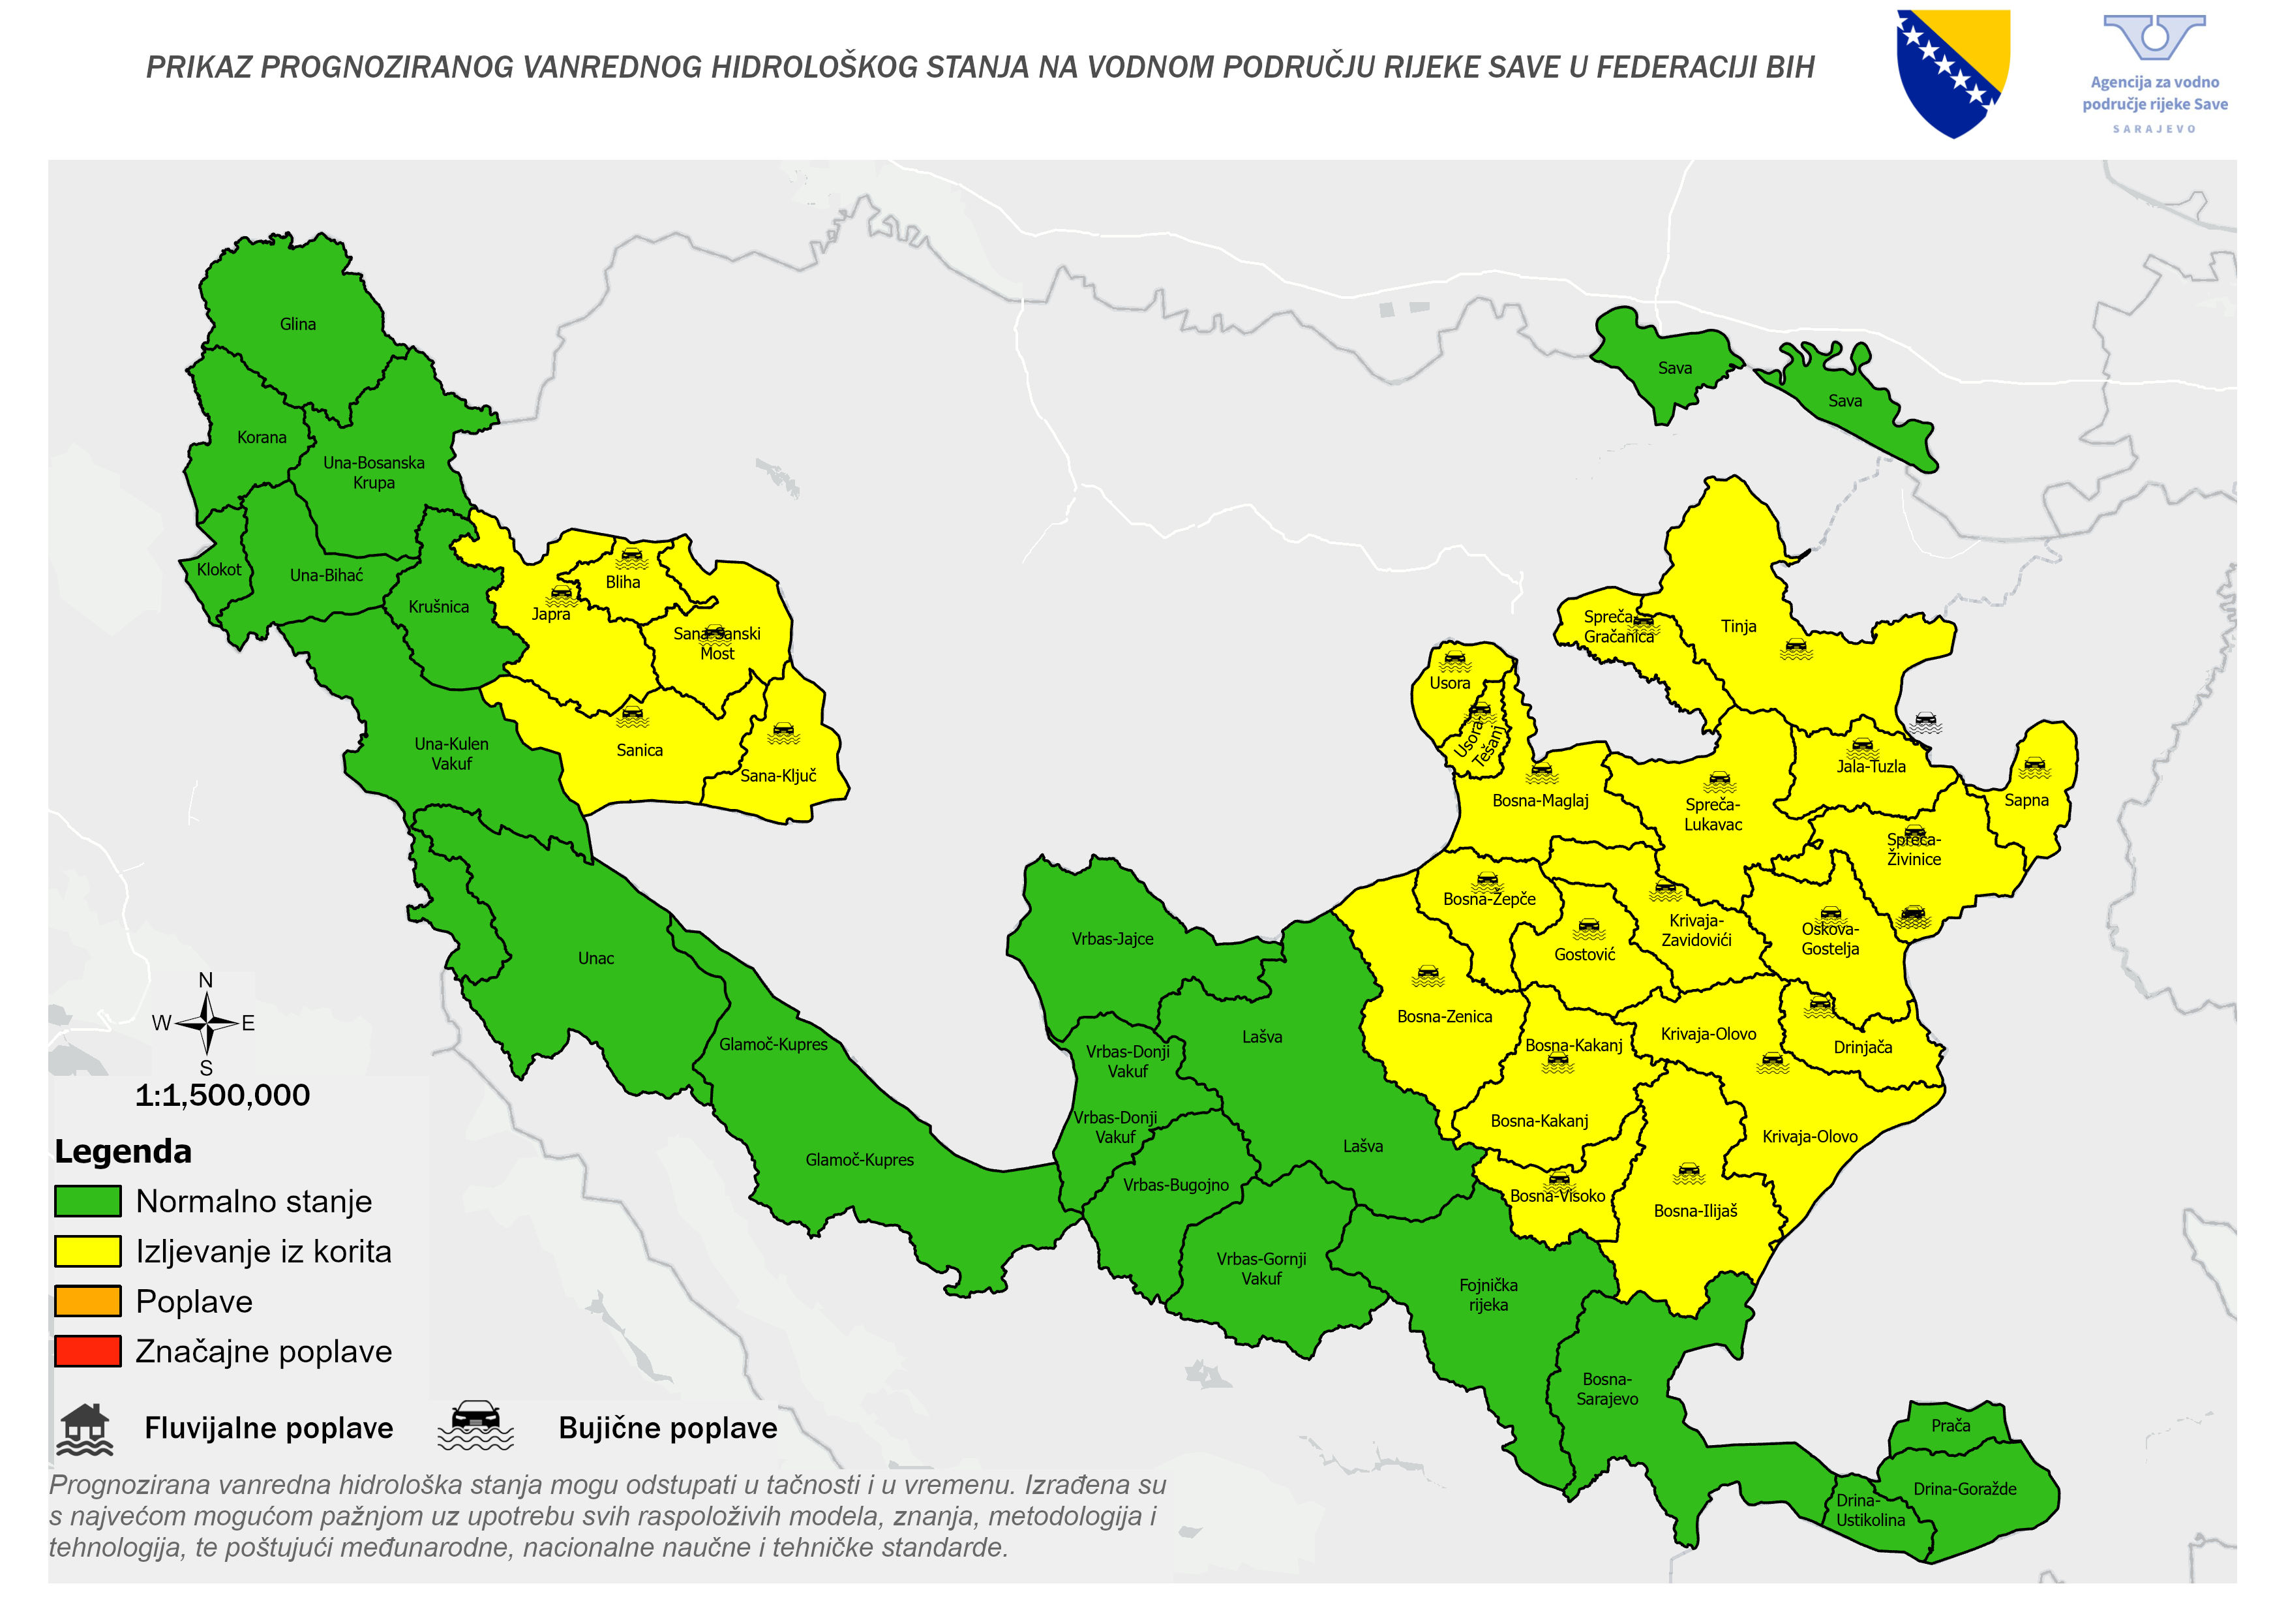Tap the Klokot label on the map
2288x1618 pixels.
(218, 570)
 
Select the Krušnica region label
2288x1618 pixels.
(438, 606)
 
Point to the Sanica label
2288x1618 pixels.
(639, 750)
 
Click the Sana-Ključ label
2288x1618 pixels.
(778, 776)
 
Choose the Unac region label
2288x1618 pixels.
(596, 958)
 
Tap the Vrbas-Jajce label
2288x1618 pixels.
(1112, 938)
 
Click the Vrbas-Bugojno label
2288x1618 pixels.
(1176, 1184)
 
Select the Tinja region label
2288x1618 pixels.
(1738, 626)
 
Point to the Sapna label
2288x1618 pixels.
(2026, 799)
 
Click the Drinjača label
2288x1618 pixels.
(1863, 1046)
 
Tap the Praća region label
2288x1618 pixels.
(1950, 1426)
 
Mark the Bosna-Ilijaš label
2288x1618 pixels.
(1695, 1210)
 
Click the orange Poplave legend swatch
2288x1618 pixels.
(87, 1301)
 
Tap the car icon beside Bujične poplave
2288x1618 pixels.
(476, 1426)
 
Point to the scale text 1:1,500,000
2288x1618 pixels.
(222, 1095)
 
